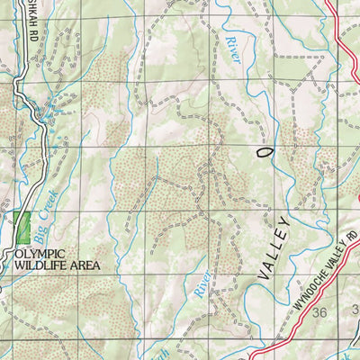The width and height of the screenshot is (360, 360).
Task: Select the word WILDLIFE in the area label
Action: (x=36, y=266)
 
